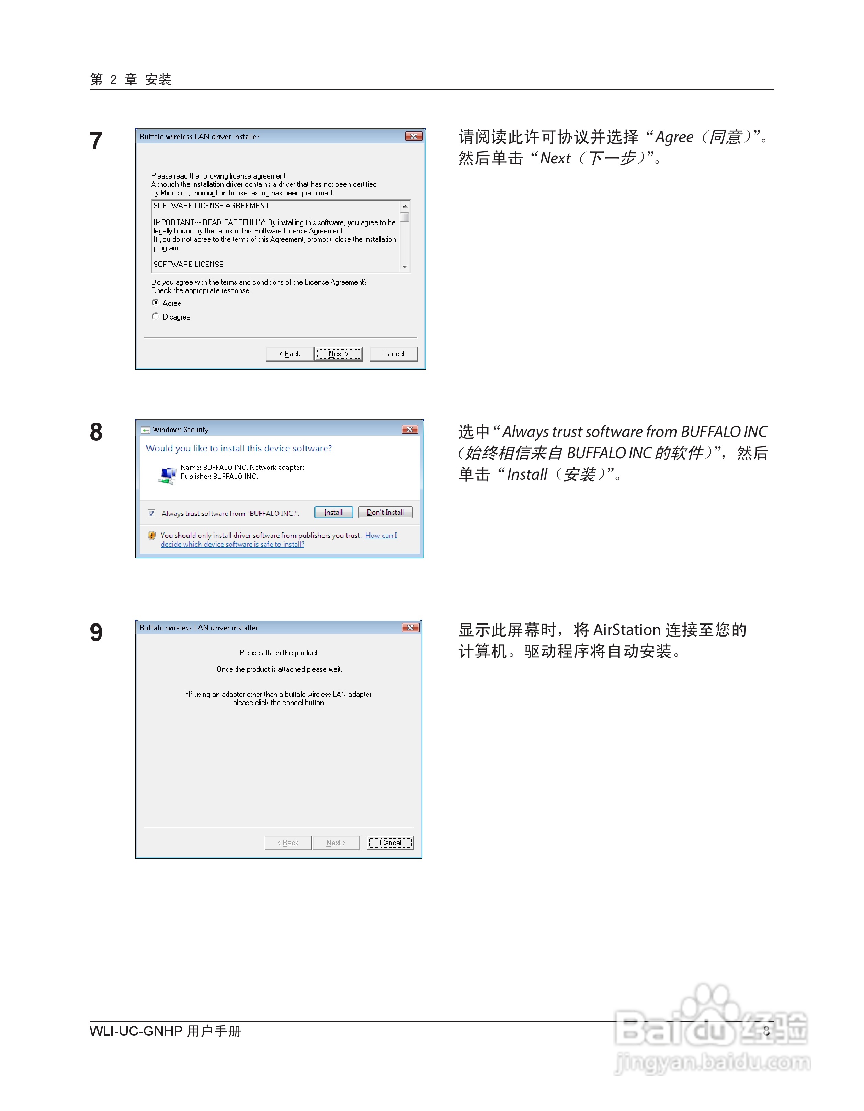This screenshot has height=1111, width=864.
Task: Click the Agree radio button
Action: coord(155,303)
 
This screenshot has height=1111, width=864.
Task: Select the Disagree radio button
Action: coord(155,317)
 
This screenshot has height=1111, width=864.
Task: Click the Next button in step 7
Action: coord(338,354)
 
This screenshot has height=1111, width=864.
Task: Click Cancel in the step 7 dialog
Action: coord(393,354)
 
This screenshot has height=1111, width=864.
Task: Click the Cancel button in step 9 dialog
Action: coord(390,843)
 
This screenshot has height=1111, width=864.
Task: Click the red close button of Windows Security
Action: coord(410,430)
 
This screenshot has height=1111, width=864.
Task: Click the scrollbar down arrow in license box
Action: coord(405,266)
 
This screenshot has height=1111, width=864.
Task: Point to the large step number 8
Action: coord(96,432)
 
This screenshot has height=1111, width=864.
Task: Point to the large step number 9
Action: coord(96,633)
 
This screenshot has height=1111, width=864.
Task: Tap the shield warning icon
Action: coord(151,536)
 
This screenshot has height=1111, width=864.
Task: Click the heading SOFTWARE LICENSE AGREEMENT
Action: coord(211,206)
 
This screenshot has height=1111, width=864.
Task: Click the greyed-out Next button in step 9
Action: coord(336,843)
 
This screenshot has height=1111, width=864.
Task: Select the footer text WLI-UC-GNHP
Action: coord(136,1031)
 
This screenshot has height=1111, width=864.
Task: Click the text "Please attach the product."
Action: coord(279,653)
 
